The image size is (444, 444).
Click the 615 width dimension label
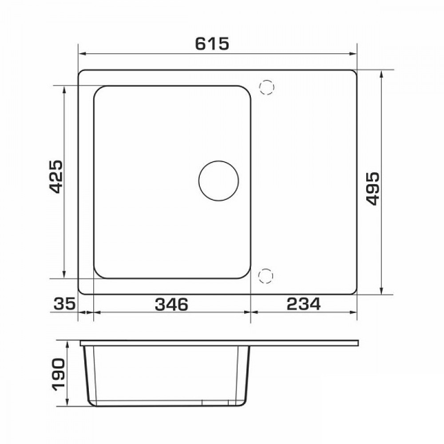tap(212, 44)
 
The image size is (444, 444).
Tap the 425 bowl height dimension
tap(55, 177)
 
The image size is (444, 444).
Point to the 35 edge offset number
tap(64, 304)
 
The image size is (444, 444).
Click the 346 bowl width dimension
tap(171, 304)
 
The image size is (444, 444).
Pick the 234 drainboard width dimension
tap(304, 304)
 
